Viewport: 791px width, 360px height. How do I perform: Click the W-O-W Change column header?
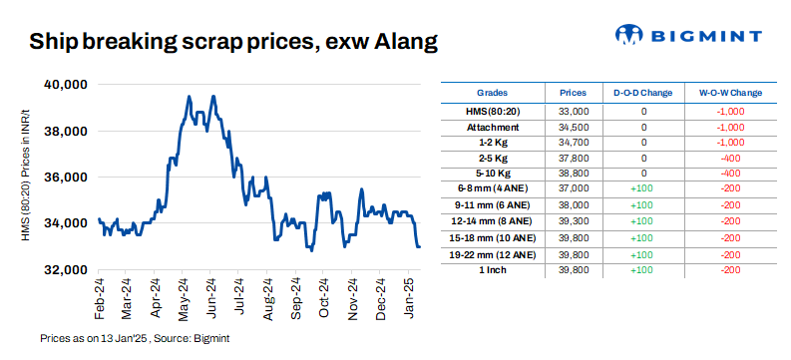pyautogui.click(x=730, y=93)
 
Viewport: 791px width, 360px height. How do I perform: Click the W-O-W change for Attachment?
pyautogui.click(x=730, y=128)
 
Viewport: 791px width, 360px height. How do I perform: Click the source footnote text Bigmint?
pyautogui.click(x=213, y=339)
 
